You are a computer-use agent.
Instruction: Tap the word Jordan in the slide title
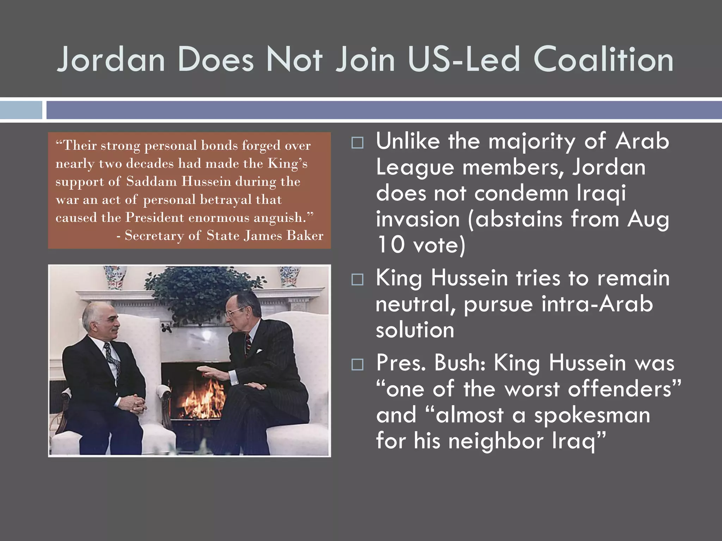pos(111,60)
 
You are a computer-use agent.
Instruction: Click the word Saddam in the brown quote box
pos(151,182)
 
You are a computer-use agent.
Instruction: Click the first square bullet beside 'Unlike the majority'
pos(357,143)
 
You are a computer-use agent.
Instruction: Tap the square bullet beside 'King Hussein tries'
pos(357,280)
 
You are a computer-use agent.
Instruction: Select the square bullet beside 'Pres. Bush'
pos(357,365)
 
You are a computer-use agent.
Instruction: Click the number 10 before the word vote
pos(391,245)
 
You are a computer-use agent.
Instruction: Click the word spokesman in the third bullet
pos(592,415)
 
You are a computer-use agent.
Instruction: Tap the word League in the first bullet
pos(415,167)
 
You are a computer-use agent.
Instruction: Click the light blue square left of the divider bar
pos(21,110)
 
